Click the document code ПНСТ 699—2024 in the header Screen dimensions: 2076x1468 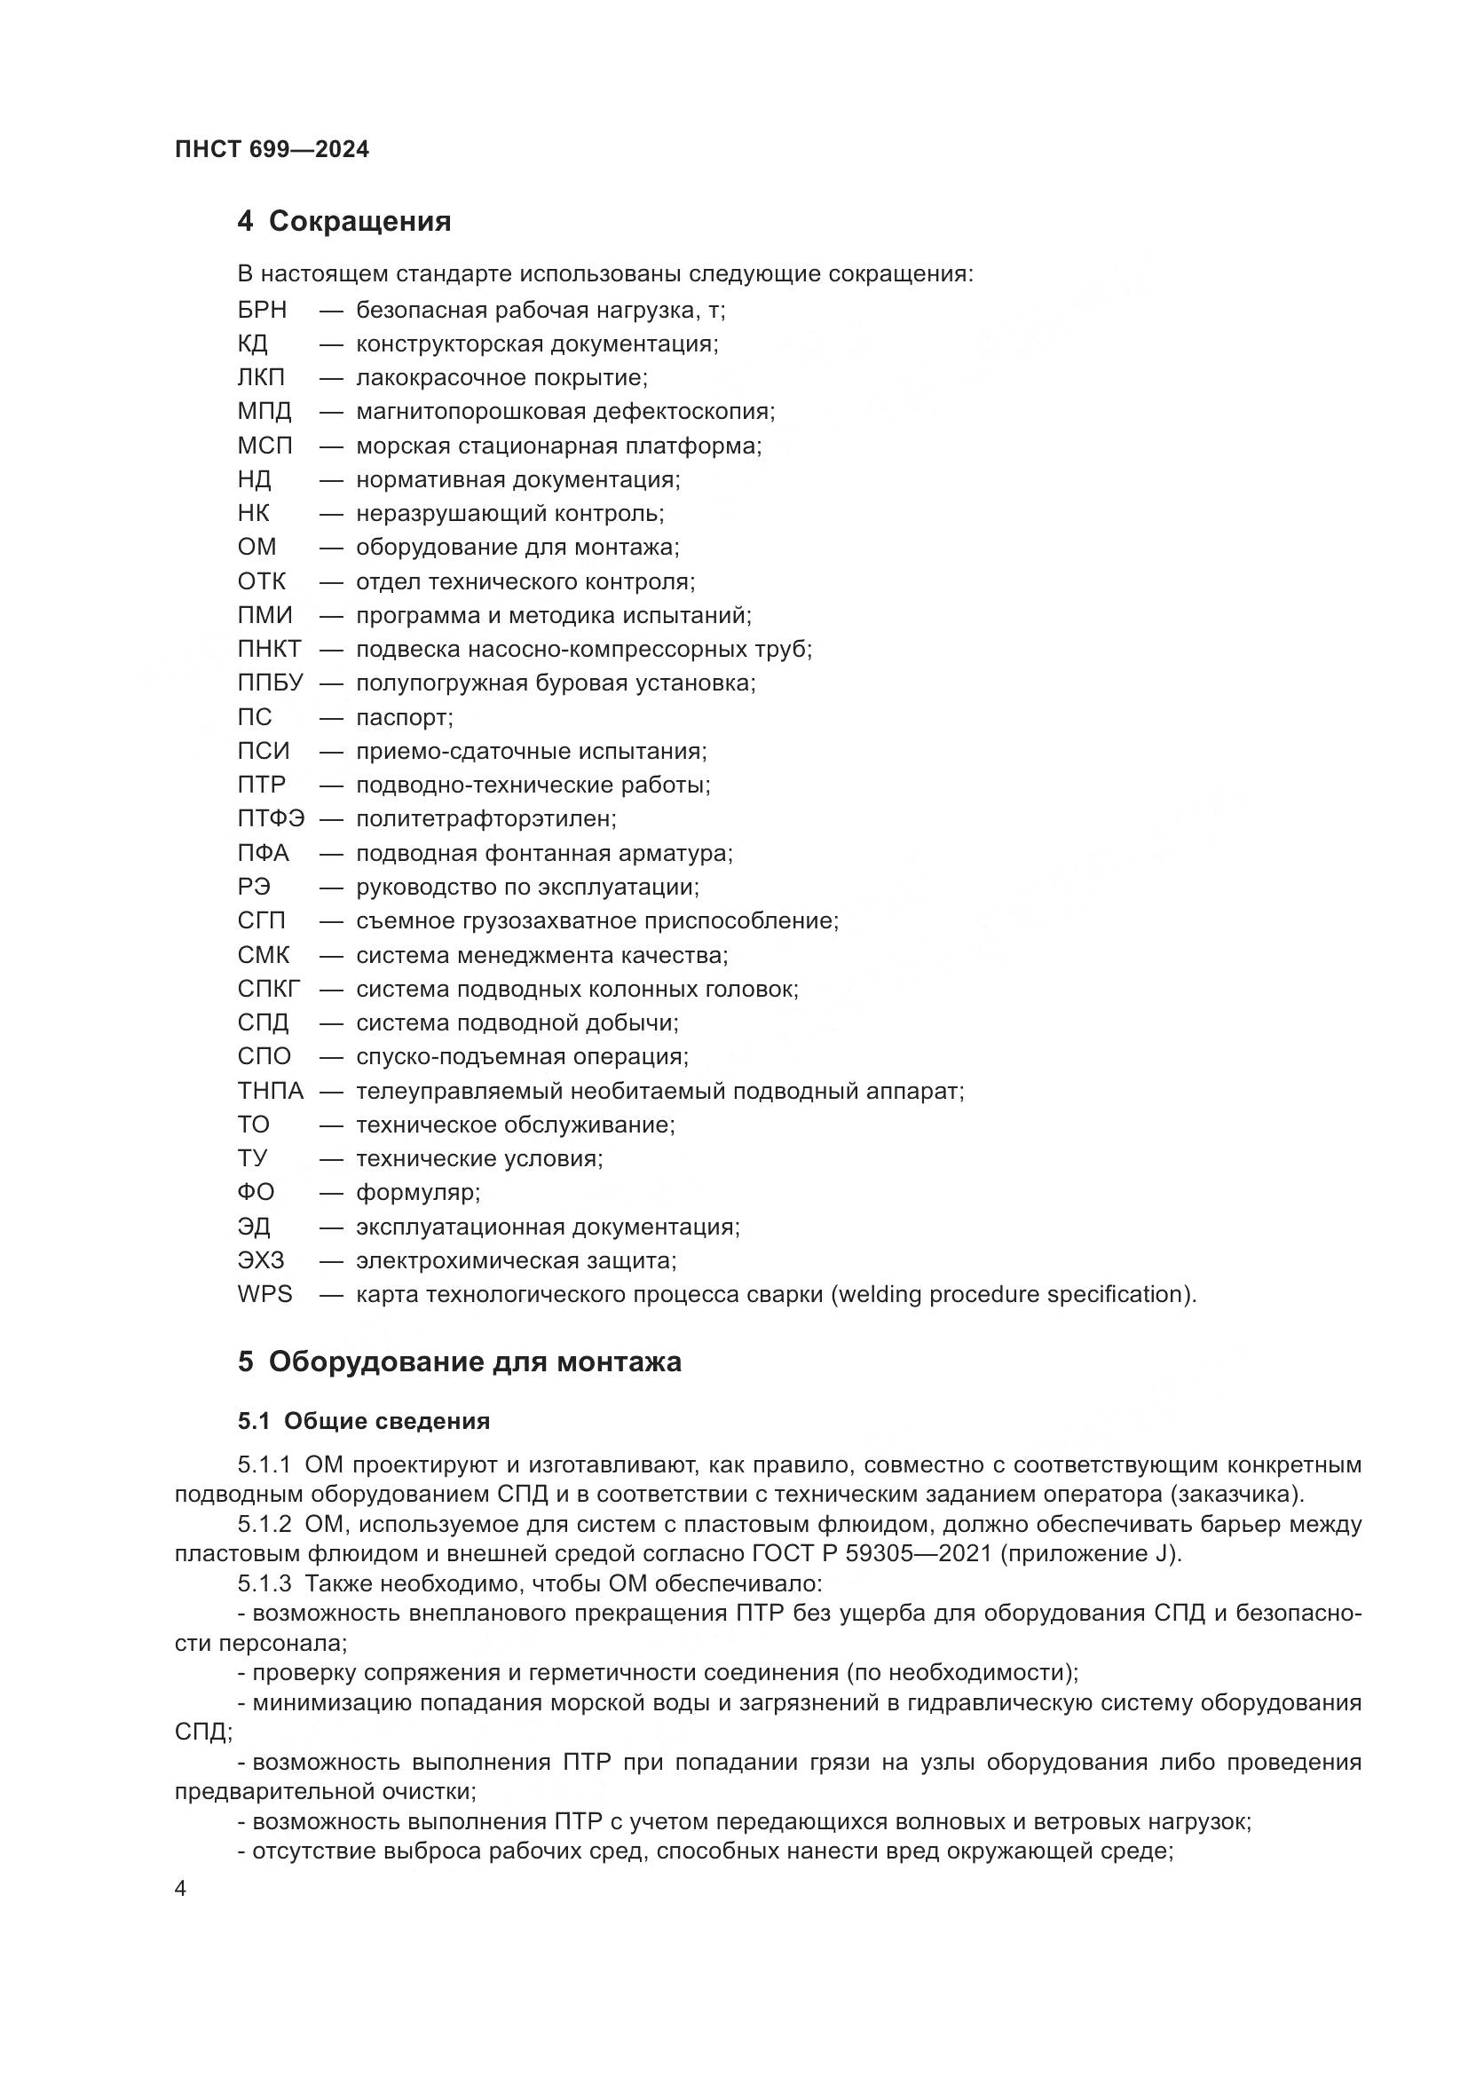point(272,149)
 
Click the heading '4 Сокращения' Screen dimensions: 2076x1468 point(343,221)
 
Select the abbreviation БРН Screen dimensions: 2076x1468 point(262,310)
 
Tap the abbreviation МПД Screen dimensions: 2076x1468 point(264,412)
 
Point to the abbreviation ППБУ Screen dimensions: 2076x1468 point(271,683)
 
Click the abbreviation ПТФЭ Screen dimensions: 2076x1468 point(272,818)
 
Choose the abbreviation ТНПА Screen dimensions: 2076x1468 point(271,1091)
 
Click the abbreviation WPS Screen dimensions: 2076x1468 point(264,1294)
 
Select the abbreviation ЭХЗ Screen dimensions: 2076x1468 point(261,1260)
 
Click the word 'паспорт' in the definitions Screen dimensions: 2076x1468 point(402,718)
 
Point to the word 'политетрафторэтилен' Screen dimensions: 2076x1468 point(484,819)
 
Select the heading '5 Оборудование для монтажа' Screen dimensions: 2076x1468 point(459,1362)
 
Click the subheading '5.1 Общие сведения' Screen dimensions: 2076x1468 point(363,1421)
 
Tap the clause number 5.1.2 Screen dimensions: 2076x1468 point(264,1525)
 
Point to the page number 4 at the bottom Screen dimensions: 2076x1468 point(181,1889)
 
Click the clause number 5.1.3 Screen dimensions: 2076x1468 point(264,1584)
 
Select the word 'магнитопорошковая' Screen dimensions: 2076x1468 point(470,413)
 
